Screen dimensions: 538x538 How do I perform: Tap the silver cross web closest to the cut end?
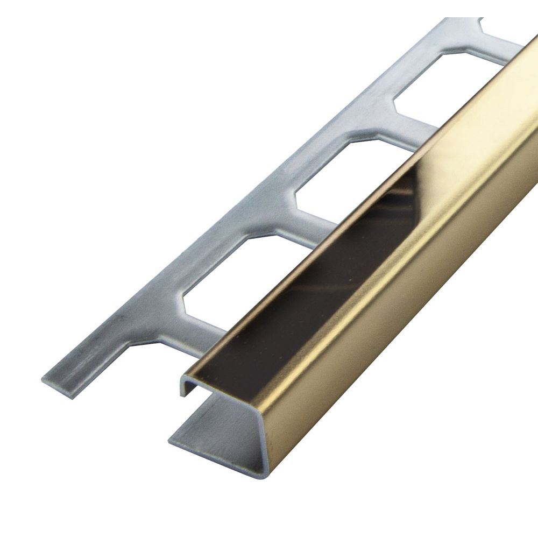pos(172,344)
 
